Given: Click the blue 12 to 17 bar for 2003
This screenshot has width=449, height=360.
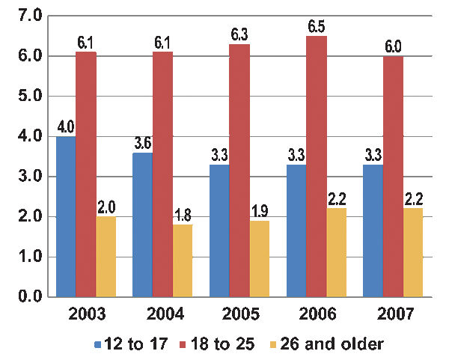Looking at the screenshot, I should point(66,217).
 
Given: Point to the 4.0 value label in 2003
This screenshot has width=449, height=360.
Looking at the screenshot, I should point(66,127).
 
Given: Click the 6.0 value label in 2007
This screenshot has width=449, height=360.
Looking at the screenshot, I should point(393,46).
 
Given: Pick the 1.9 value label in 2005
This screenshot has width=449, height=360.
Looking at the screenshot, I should point(260,212).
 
